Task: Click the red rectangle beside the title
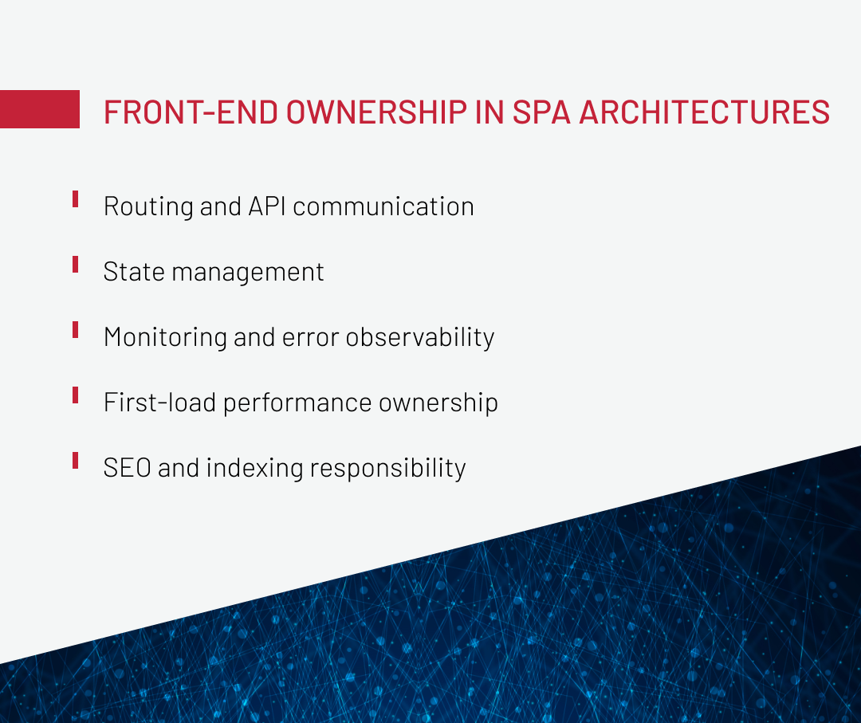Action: click(40, 109)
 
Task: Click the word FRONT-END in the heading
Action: click(191, 112)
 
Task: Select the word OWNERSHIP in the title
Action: click(376, 112)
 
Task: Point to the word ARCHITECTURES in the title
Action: click(705, 112)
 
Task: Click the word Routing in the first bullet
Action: click(148, 207)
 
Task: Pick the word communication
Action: click(383, 206)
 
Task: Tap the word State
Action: click(134, 272)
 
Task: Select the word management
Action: click(248, 273)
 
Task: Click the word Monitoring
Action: click(165, 338)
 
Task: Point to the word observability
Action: click(420, 338)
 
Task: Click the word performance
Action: click(297, 403)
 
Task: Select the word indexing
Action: click(255, 469)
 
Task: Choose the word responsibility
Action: click(387, 469)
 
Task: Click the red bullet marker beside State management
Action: click(75, 264)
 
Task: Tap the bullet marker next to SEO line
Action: click(75, 460)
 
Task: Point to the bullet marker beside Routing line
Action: click(75, 198)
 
